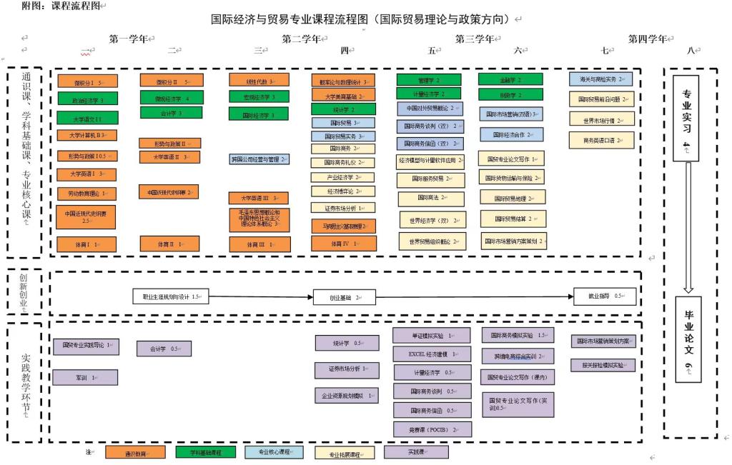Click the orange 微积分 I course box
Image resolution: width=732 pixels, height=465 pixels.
(x=86, y=81)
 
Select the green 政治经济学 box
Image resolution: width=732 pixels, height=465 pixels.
(x=86, y=100)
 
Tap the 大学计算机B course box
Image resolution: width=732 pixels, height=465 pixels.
(x=86, y=135)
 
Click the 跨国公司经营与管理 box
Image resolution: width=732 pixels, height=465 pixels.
(x=259, y=159)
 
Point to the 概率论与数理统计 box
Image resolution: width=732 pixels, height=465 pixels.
(x=343, y=81)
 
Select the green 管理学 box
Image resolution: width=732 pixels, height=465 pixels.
(x=428, y=80)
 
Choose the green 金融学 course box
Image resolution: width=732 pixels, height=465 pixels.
(x=510, y=80)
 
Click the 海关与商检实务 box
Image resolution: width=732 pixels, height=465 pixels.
(x=601, y=79)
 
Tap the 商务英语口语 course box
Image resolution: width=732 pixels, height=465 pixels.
(x=601, y=141)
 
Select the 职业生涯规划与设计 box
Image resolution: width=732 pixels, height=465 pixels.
(x=169, y=296)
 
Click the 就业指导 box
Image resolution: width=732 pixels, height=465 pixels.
(x=605, y=296)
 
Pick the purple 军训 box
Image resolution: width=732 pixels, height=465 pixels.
(x=84, y=377)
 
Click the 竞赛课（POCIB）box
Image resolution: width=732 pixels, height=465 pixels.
(x=425, y=429)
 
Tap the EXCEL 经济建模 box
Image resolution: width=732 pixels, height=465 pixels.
(x=425, y=354)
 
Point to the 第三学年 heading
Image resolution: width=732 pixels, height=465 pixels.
(x=475, y=39)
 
